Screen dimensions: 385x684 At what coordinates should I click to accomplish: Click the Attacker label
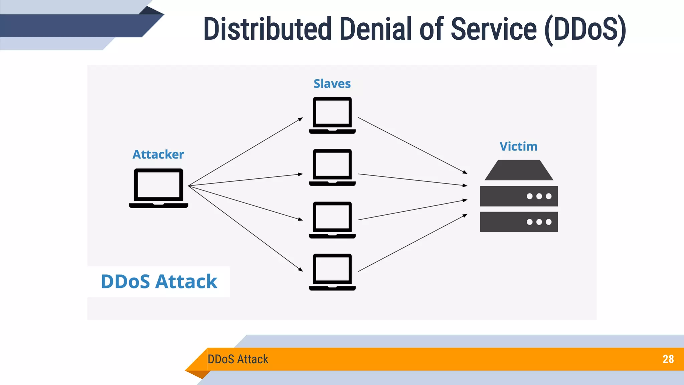coord(158,154)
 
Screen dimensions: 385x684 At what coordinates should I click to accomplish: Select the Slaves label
coord(332,84)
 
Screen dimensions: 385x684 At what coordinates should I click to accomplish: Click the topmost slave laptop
coord(332,115)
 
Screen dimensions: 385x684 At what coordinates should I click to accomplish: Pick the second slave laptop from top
coord(332,167)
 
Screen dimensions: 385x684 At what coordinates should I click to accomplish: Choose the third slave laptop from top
coord(332,220)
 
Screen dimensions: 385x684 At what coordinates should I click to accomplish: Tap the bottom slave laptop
coord(332,272)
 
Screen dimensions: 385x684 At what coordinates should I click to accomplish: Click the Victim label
coord(518,146)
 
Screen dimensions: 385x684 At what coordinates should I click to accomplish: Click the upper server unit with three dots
coord(519,196)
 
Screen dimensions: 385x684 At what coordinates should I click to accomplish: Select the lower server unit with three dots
coord(519,222)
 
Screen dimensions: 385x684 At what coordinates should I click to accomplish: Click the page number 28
coord(668,359)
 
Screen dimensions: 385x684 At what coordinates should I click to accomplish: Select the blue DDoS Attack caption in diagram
coord(159,281)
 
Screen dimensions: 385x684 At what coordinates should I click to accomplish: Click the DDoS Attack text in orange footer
coord(238,359)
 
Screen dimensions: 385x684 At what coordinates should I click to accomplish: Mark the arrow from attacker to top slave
coord(245,152)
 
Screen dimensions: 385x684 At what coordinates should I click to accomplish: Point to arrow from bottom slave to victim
coord(412,243)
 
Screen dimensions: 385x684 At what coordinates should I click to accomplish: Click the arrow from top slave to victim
coord(412,145)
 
